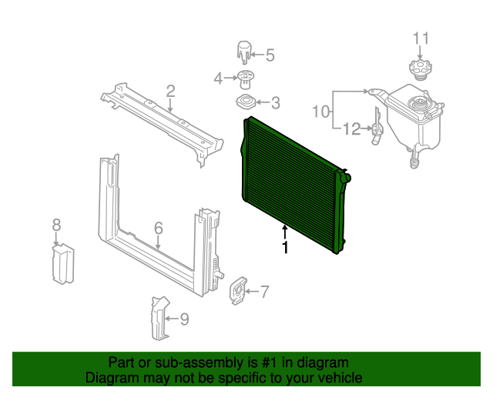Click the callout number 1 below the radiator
(285, 247)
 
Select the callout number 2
(170, 91)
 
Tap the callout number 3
(276, 103)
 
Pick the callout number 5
(270, 55)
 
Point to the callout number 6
(159, 228)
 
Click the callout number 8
(56, 225)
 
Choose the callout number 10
(321, 112)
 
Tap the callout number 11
(421, 38)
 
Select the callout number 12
(352, 129)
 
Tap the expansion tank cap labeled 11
(420, 69)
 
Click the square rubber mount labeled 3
(246, 102)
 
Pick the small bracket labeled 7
(237, 291)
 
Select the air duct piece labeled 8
(63, 264)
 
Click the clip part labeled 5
(244, 52)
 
